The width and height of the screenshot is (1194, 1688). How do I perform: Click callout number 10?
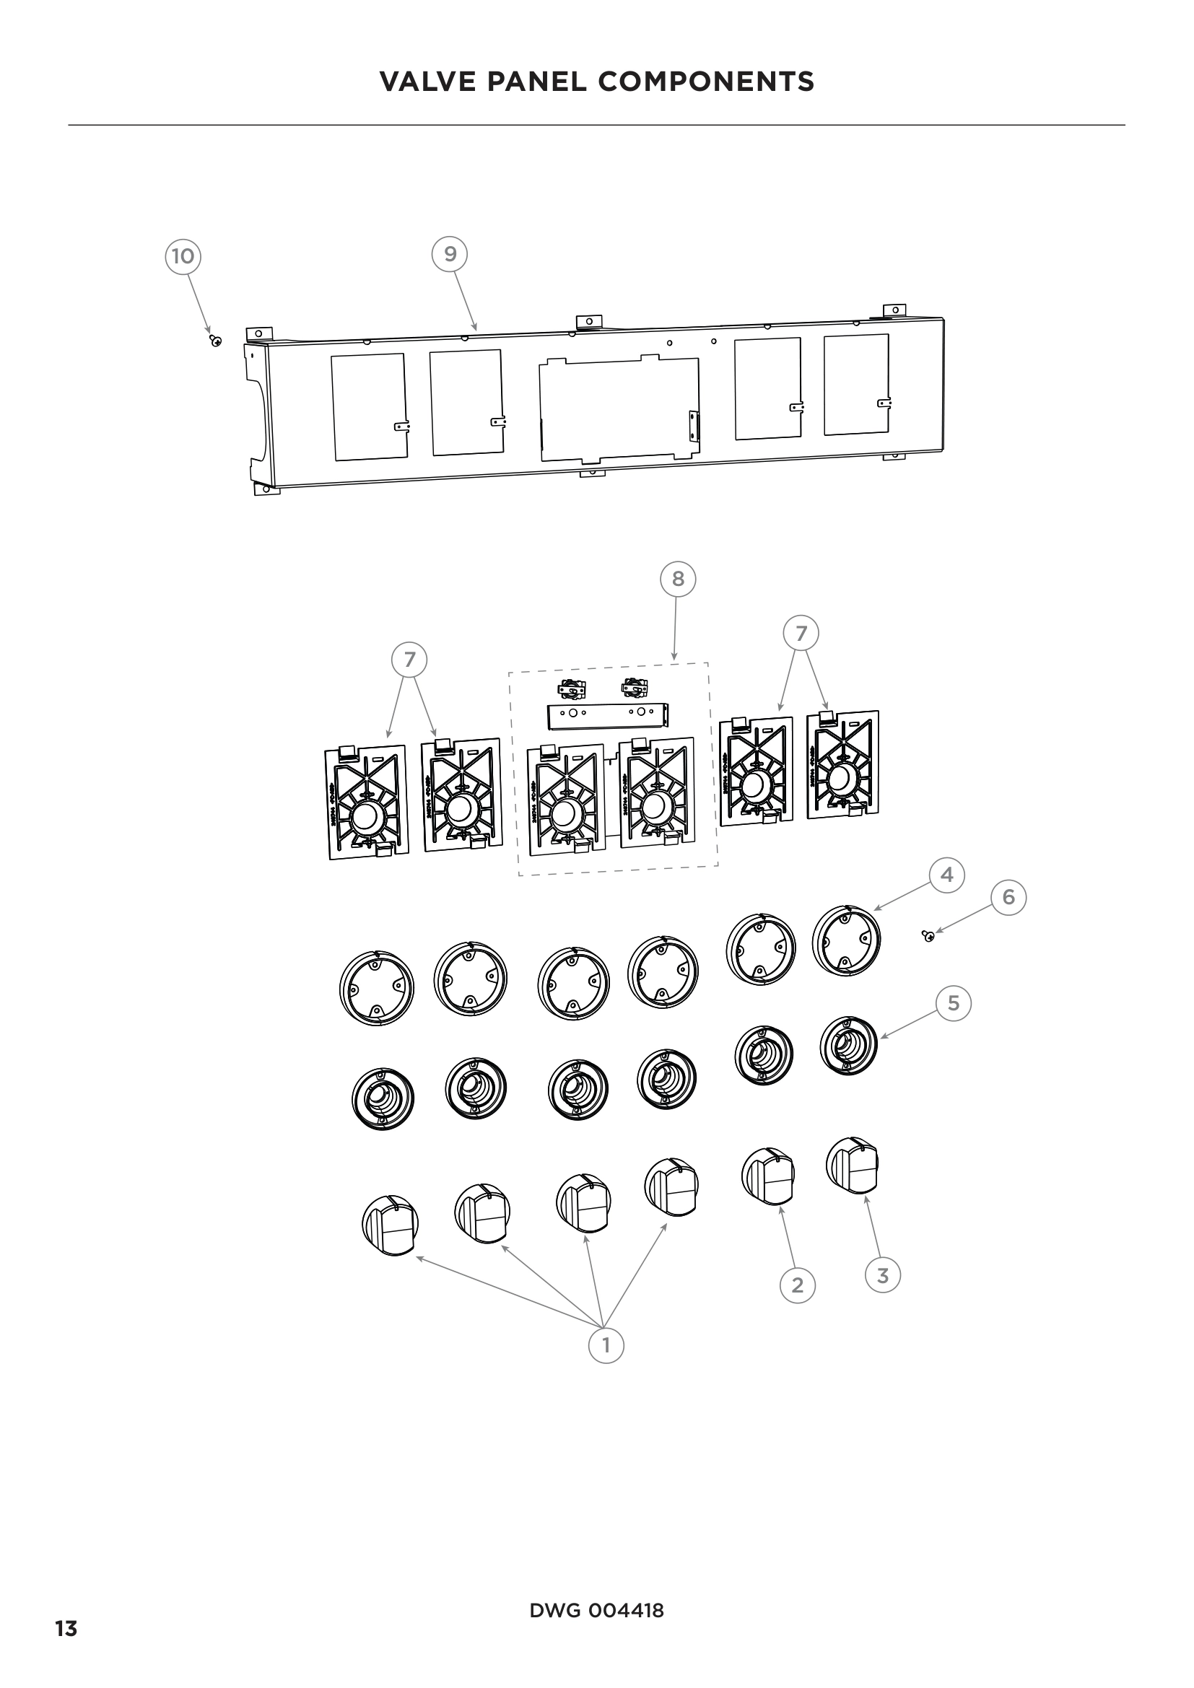click(183, 256)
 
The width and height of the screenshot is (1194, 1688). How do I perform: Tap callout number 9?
click(450, 253)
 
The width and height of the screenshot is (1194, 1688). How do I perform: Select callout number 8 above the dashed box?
click(677, 580)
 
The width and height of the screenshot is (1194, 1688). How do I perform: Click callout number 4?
click(946, 875)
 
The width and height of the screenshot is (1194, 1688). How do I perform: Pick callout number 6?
click(1008, 897)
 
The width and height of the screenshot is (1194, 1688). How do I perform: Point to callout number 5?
click(953, 1004)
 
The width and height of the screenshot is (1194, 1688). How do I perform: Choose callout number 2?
click(797, 1285)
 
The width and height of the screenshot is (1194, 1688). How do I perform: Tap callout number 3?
click(882, 1275)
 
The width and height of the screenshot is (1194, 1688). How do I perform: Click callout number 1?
click(606, 1345)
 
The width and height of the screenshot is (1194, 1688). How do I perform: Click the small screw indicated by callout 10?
click(215, 341)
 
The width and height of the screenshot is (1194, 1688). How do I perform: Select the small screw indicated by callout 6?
click(928, 935)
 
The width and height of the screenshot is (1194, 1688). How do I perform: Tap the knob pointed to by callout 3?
click(852, 1166)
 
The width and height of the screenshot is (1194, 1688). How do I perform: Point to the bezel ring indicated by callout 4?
click(846, 941)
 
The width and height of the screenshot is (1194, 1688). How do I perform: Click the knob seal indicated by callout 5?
click(848, 1046)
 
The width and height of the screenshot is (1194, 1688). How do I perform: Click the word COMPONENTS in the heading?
click(706, 82)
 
